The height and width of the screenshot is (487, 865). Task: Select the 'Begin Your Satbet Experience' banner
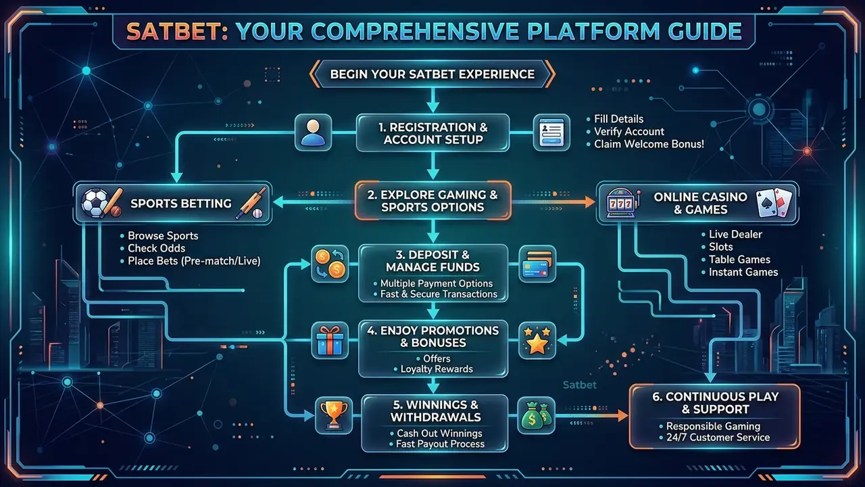pos(432,74)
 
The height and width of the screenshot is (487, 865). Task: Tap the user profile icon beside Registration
pos(313,133)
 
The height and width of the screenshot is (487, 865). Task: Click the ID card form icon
pos(551,133)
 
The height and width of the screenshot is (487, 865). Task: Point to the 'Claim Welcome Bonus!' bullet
pos(649,144)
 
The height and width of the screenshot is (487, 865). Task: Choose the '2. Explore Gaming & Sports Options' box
pos(432,201)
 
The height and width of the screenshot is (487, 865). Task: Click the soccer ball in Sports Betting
pos(95,203)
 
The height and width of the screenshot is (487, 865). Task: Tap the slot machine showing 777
pos(620,203)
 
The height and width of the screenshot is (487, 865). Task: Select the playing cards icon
pos(774,202)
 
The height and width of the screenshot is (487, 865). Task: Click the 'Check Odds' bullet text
pos(156,248)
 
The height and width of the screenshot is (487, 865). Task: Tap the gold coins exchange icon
pos(330,264)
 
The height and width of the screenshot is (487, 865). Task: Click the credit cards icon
pos(537,264)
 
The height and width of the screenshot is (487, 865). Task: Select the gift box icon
pos(330,340)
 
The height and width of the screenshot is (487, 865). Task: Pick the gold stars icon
pos(537,340)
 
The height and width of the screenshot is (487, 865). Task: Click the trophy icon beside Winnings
pos(334,415)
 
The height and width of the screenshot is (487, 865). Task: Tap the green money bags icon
pos(536,415)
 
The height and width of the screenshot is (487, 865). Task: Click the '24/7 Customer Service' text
pos(718,438)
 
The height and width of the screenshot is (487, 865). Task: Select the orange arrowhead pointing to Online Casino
pos(589,202)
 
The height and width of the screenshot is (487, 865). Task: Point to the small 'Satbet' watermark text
pos(579,385)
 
